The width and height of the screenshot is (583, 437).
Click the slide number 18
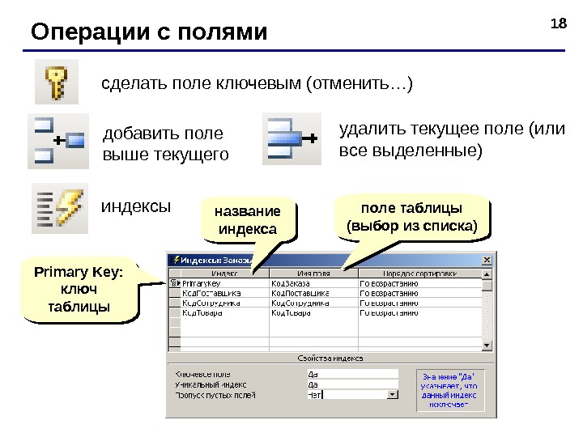tap(557, 23)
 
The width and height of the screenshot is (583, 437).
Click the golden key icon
tap(56, 82)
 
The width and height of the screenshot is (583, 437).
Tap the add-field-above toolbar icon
tap(57, 141)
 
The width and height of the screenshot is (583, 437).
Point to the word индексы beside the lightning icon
tap(136, 206)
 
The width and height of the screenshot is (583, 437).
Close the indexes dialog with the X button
tap(487, 260)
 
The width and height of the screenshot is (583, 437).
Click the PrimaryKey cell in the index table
tap(202, 284)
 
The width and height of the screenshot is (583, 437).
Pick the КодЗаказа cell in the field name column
tap(290, 284)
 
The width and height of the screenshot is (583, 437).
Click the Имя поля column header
tap(312, 274)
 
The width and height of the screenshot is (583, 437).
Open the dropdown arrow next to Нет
tap(393, 395)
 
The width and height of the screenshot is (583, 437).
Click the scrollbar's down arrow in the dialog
tap(487, 345)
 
